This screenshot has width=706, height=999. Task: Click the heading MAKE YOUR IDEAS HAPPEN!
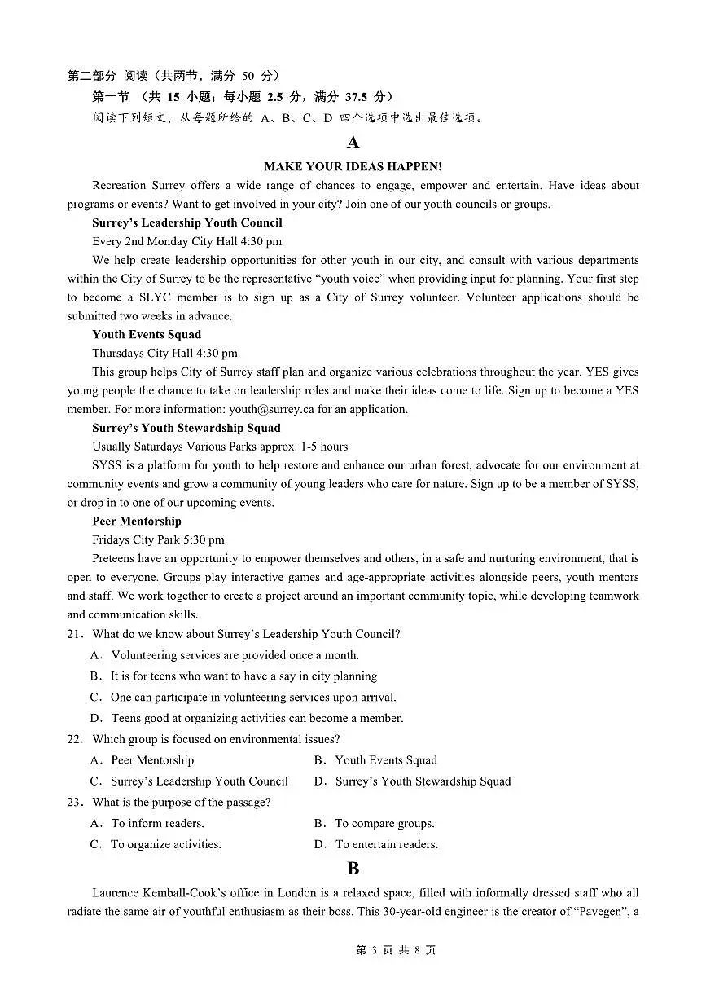[x=353, y=166]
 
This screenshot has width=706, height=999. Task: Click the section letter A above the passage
[x=353, y=143]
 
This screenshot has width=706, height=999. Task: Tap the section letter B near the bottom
[x=353, y=869]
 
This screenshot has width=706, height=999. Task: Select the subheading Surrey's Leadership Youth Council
[x=187, y=222]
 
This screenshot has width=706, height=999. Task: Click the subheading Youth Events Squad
[x=147, y=334]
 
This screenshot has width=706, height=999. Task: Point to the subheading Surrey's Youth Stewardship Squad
[x=186, y=428]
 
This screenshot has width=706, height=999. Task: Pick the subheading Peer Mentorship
[x=137, y=521]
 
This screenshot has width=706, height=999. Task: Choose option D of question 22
[x=413, y=781]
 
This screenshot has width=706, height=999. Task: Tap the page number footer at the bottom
[x=396, y=950]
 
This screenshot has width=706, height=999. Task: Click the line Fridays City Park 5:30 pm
[x=158, y=539]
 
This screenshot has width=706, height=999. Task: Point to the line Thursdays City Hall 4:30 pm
[x=164, y=353]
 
